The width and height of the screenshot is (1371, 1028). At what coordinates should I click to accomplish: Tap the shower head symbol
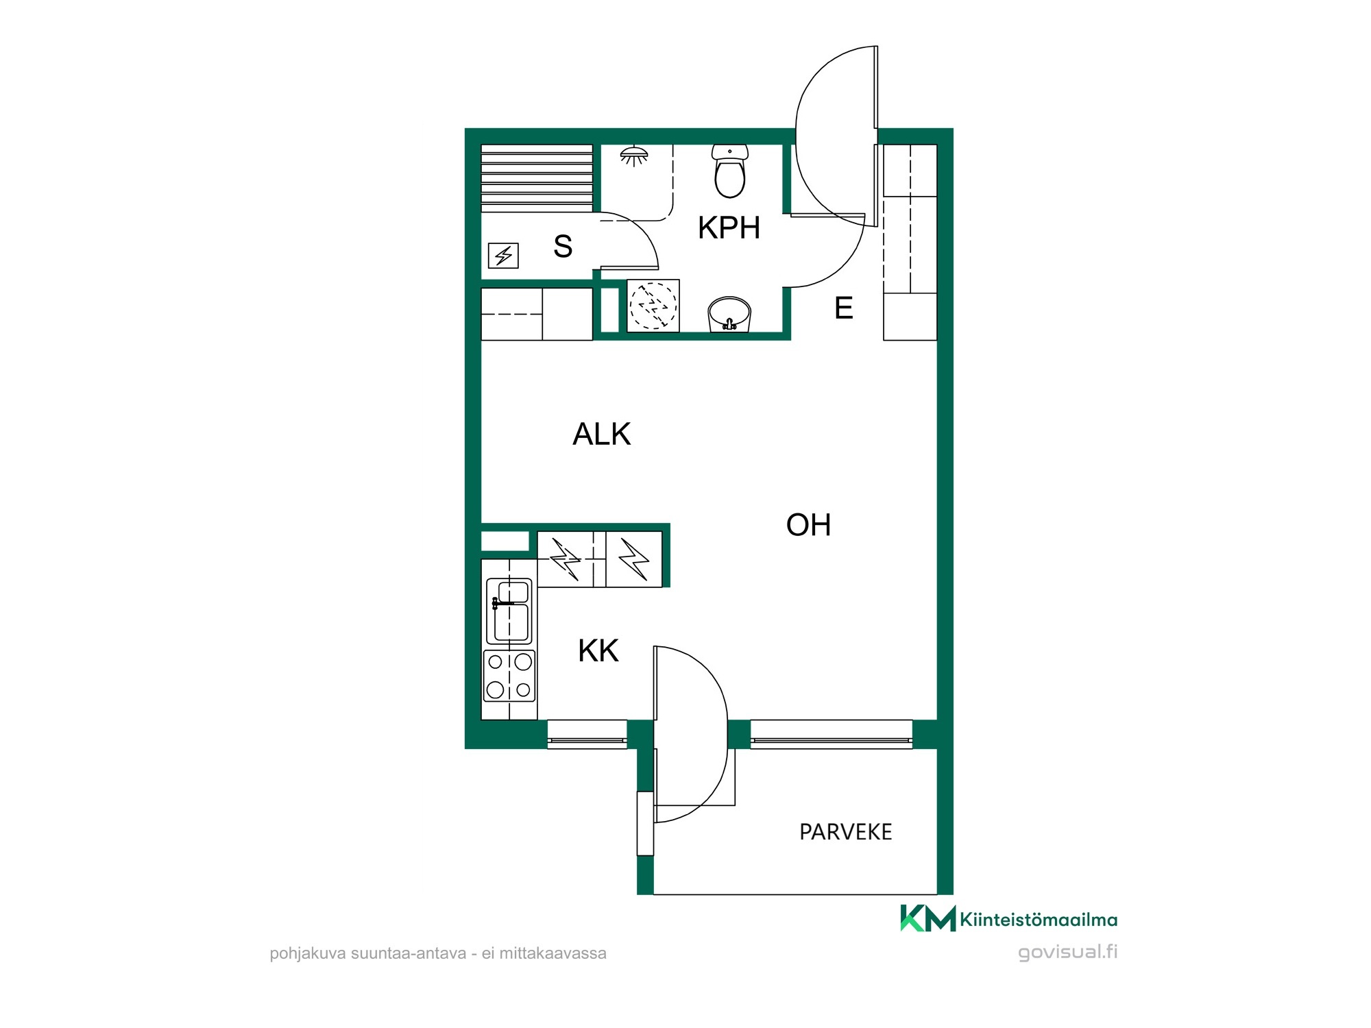click(x=634, y=156)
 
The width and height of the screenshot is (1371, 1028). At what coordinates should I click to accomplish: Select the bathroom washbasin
click(x=729, y=315)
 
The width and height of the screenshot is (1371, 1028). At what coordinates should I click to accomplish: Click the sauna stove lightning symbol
click(x=503, y=256)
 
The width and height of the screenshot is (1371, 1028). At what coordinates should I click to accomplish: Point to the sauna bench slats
click(x=537, y=178)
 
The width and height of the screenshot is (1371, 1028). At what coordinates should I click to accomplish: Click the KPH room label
click(x=729, y=228)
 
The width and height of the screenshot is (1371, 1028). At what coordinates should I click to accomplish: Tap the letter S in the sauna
click(x=563, y=246)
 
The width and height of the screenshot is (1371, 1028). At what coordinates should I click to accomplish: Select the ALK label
click(x=601, y=434)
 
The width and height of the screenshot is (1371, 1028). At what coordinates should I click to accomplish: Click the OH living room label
click(x=808, y=525)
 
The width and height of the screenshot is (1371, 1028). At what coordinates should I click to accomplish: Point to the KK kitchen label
click(x=598, y=650)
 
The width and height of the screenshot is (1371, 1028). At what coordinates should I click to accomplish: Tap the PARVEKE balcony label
click(x=845, y=832)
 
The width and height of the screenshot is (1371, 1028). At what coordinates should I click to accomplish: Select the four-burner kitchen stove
click(x=509, y=676)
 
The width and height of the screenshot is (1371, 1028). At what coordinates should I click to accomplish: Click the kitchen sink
click(x=509, y=611)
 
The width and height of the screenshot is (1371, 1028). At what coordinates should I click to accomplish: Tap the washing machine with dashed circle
click(x=653, y=305)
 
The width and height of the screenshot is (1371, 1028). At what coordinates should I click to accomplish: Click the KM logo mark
click(x=927, y=918)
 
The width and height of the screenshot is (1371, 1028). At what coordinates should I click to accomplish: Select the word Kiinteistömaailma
click(x=1039, y=920)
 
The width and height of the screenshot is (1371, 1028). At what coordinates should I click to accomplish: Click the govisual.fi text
click(x=1067, y=952)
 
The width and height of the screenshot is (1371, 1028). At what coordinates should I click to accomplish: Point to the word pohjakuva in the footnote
click(x=308, y=953)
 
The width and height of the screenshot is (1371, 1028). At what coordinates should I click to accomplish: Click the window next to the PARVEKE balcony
click(x=832, y=735)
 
